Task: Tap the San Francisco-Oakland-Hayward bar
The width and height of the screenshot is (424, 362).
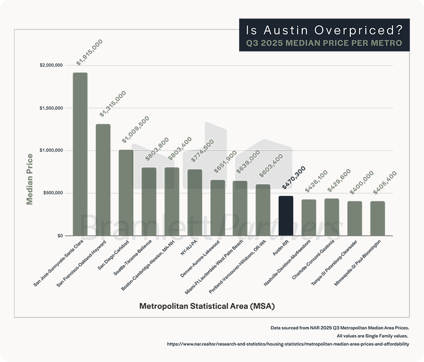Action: point(103,180)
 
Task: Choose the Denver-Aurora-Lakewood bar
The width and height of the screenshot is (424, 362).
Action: point(218,208)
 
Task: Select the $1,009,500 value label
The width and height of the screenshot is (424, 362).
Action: point(136,130)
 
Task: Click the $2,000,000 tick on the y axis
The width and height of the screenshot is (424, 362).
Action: point(51,65)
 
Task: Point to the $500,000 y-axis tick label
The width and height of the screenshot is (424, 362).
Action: point(53,193)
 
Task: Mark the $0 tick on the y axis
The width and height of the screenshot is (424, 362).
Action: point(59,235)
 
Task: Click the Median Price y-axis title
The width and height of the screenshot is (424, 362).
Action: point(30,179)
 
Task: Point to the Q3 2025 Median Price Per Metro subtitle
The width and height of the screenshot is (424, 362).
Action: point(324,44)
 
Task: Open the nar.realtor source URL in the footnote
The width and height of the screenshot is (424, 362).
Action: point(288,344)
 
